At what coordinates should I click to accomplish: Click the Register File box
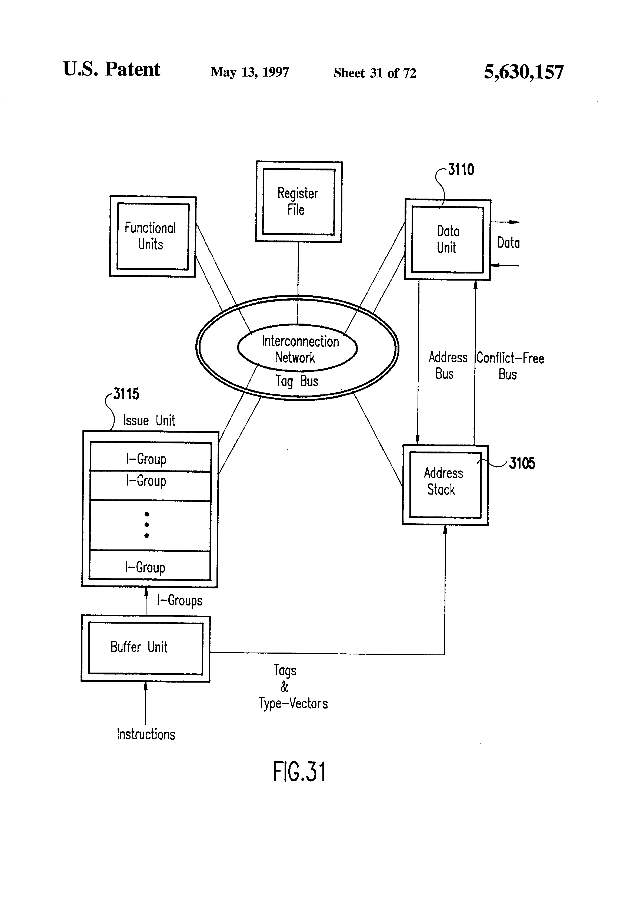[298, 202]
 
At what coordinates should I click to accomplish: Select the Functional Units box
[153, 236]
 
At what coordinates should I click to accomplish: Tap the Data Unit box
[448, 240]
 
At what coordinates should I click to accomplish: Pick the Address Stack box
[445, 485]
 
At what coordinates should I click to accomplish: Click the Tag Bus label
[297, 381]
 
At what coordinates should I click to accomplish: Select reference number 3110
[461, 170]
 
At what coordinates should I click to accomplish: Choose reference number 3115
[126, 394]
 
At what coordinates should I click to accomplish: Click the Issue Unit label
[149, 420]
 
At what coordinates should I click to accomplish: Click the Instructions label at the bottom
[146, 734]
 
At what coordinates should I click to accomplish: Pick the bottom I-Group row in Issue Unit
[150, 567]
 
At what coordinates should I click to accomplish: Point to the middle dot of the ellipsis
[147, 525]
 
